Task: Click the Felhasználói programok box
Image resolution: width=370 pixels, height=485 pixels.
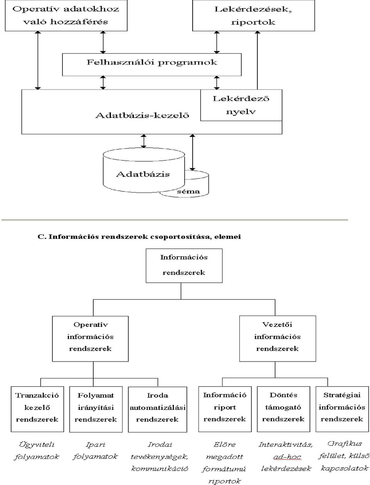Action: pyautogui.click(x=151, y=64)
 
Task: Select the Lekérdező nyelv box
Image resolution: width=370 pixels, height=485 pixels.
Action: pyautogui.click(x=241, y=105)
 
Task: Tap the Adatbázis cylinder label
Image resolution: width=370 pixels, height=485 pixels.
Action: pyautogui.click(x=143, y=174)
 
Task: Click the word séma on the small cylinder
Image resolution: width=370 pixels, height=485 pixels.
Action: pyautogui.click(x=188, y=191)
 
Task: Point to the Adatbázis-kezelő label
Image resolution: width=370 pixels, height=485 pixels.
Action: pyautogui.click(x=142, y=115)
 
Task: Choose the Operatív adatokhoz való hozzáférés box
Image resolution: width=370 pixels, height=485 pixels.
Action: pyautogui.click(x=66, y=15)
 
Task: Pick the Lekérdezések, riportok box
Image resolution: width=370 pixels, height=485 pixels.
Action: pyautogui.click(x=254, y=15)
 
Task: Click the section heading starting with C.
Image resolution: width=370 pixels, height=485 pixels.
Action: pyautogui.click(x=139, y=237)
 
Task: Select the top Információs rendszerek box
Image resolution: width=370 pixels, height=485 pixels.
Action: pyautogui.click(x=184, y=265)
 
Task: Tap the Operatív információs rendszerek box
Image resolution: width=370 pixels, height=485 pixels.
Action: pyautogui.click(x=90, y=339)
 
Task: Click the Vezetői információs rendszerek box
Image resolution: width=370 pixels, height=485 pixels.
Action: pyautogui.click(x=277, y=339)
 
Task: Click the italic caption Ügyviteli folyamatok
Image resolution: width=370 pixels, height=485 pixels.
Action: pyautogui.click(x=37, y=451)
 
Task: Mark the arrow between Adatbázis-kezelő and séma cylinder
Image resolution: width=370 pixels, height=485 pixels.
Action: pyautogui.click(x=193, y=152)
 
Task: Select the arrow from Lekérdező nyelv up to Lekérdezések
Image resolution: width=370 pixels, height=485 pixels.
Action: pyautogui.click(x=257, y=60)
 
